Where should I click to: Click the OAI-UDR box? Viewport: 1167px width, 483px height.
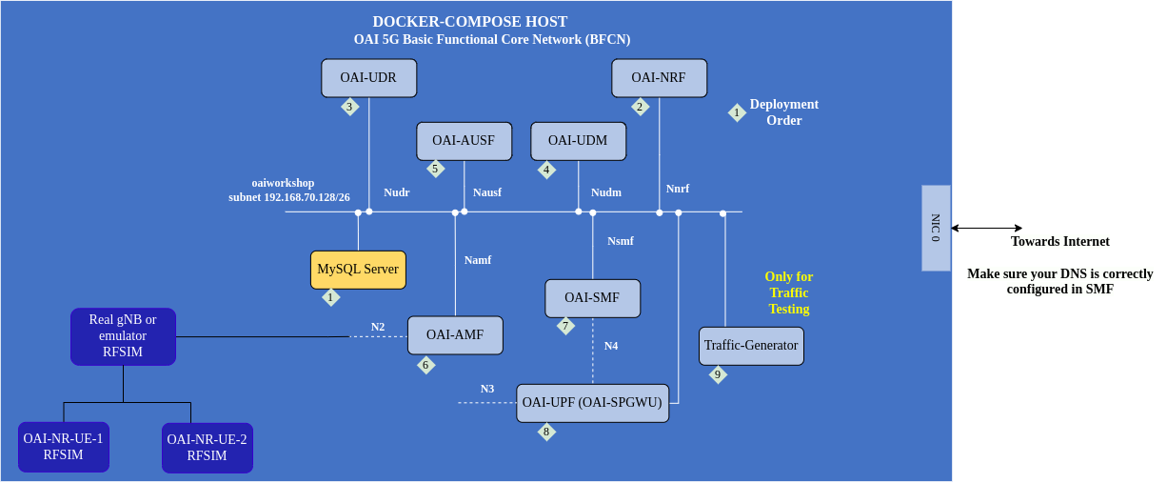368,78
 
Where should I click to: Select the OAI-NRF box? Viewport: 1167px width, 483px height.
658,78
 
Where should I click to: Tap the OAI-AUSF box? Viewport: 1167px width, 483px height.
464,141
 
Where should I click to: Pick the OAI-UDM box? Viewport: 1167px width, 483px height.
578,141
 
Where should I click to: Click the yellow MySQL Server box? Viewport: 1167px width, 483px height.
358,270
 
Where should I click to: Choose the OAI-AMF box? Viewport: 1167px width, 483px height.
455,335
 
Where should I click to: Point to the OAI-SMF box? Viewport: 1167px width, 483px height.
592,298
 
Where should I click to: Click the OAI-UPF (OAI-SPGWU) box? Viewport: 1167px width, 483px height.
592,403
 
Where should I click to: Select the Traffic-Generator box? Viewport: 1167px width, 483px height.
751,346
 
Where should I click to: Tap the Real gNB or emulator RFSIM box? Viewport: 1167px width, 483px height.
123,336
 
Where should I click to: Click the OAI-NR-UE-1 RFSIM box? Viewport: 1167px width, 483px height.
64,447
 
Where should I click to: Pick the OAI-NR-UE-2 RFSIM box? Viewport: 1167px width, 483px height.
207,448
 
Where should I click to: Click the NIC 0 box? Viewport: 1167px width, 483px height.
936,229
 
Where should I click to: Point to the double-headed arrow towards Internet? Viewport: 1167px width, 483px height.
986,228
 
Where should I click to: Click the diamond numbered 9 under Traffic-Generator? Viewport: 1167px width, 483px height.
718,374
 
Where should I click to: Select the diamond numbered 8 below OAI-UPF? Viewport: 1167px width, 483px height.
546,432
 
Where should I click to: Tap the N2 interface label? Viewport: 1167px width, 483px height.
378,327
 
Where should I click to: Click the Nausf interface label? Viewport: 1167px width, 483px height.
487,192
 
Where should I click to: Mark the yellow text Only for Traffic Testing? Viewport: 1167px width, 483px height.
789,292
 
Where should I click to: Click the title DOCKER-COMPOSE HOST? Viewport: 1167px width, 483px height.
469,21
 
